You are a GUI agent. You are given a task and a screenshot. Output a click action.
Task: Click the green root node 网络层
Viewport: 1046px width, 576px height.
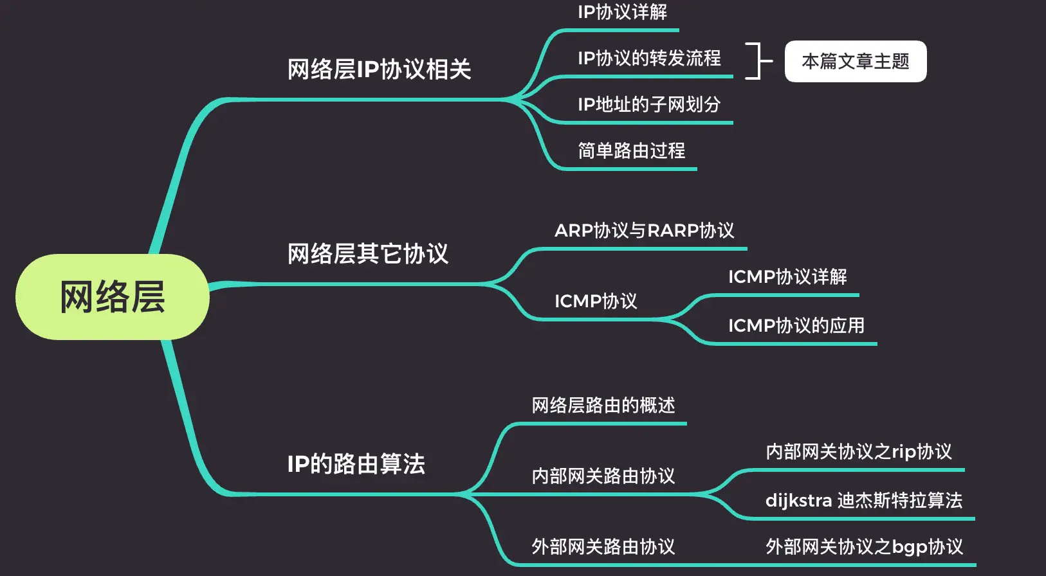tap(113, 297)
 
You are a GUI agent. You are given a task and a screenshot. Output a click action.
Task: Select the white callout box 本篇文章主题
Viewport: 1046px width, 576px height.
tap(855, 62)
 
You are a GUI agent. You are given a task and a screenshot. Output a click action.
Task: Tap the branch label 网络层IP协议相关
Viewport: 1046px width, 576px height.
tap(379, 69)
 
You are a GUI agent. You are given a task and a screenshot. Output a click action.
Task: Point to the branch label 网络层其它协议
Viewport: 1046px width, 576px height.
tap(367, 254)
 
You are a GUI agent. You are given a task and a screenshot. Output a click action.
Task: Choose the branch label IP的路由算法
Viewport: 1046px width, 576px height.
tap(356, 464)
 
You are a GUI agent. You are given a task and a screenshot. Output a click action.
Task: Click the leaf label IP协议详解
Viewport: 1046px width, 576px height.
tap(622, 12)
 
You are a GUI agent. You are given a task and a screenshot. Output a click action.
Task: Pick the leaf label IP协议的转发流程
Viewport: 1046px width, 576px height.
tap(649, 59)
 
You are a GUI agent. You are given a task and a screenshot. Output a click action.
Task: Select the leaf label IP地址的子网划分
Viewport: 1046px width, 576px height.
tap(648, 105)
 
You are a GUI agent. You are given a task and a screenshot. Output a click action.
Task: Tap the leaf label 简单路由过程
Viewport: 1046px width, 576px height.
tap(631, 151)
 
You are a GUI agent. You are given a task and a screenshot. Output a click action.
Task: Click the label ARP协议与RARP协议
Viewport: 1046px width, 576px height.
tap(644, 231)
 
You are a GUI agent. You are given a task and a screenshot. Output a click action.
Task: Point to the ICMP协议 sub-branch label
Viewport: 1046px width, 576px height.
tap(596, 301)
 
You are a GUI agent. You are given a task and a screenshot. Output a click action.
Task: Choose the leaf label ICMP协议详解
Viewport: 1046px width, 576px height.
tap(787, 277)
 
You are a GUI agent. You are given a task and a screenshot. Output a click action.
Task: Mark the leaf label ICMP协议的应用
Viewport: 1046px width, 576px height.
tap(796, 326)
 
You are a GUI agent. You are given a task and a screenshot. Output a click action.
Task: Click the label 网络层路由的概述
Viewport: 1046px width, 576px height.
tap(603, 406)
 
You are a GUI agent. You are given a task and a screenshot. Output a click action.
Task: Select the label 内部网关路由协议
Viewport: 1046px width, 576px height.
tap(603, 476)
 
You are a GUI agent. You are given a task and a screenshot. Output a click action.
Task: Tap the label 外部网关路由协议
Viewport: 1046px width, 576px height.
tap(603, 547)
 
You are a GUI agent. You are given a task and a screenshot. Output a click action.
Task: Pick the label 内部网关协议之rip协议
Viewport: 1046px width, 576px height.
tap(858, 452)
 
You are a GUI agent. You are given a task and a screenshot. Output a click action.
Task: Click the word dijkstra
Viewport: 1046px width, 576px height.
tap(798, 501)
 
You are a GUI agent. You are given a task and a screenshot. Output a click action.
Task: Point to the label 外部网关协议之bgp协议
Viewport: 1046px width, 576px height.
tap(864, 547)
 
